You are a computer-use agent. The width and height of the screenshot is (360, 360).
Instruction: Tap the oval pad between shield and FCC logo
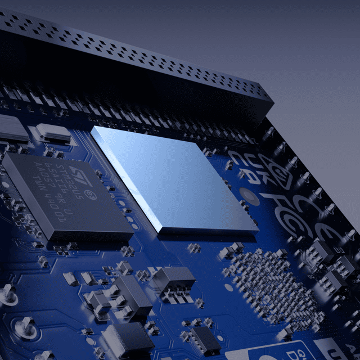tap(248, 196)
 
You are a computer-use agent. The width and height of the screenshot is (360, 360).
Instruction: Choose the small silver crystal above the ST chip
tap(54, 134)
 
